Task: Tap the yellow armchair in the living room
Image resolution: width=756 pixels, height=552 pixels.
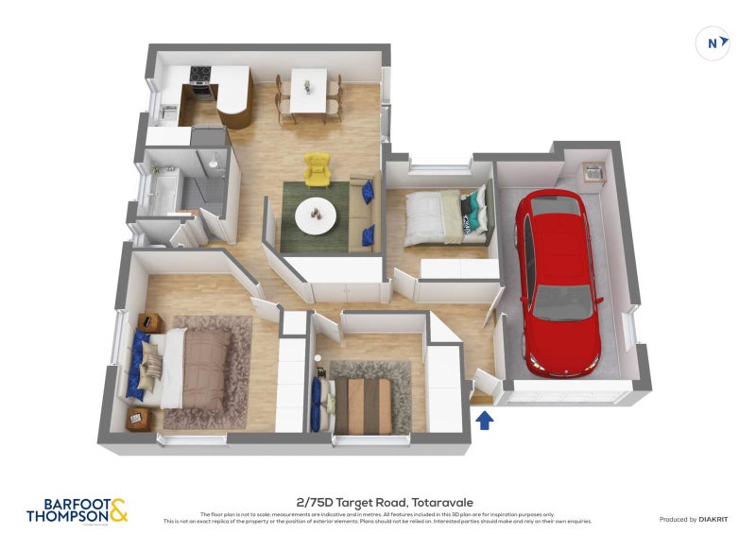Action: tap(318, 169)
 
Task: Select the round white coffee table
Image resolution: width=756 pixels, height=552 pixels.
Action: tap(315, 216)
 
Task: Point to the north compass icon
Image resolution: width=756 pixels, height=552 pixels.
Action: tap(713, 43)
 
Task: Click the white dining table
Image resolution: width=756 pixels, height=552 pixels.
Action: tap(308, 90)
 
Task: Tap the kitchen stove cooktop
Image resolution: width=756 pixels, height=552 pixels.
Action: tap(201, 73)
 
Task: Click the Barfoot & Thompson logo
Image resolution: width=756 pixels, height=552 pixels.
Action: tap(77, 511)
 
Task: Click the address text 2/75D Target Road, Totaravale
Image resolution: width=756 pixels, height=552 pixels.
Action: tap(378, 502)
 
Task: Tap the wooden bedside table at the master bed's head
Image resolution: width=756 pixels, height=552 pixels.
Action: tap(149, 322)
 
